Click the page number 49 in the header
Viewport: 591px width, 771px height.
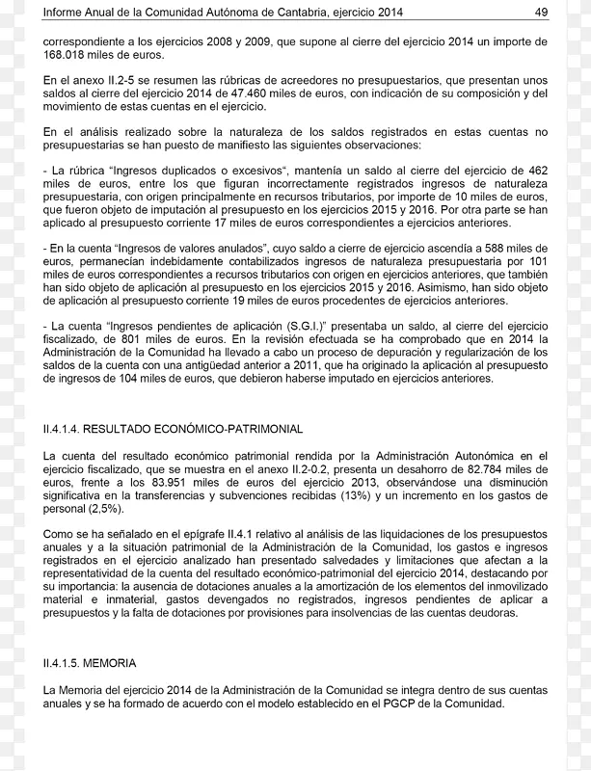(541, 12)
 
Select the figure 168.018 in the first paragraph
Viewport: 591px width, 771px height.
(66, 55)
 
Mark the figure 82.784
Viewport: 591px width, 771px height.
(487, 467)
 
